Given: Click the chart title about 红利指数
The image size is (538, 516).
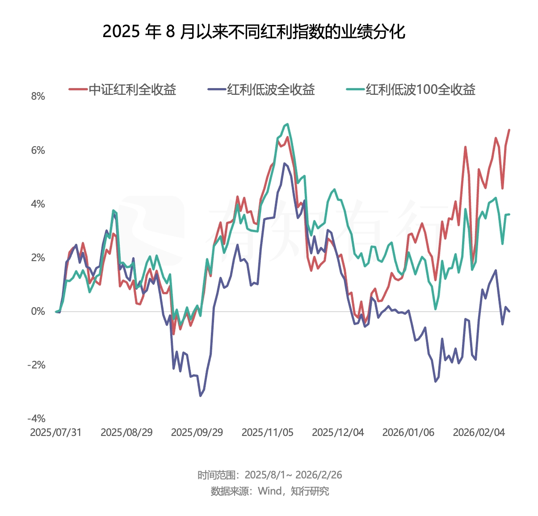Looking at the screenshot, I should click(254, 32).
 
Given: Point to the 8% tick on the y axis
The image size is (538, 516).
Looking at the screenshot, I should click(38, 97).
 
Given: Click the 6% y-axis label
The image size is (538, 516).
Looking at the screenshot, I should click(38, 150).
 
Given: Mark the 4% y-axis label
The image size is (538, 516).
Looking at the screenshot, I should click(38, 204).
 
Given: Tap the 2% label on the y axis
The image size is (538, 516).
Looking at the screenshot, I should click(38, 258).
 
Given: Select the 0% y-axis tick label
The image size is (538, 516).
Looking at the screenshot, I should click(38, 311).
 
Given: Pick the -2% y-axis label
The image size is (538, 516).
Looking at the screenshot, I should click(37, 365).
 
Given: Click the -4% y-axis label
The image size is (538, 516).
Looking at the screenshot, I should click(37, 419).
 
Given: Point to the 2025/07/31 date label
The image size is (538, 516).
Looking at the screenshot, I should click(56, 432).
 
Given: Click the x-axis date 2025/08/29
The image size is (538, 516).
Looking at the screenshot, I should click(126, 432).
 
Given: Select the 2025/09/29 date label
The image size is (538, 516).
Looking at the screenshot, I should click(197, 432).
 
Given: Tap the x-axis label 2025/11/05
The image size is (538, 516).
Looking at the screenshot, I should click(268, 432).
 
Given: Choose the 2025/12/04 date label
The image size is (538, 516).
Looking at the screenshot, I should click(338, 432).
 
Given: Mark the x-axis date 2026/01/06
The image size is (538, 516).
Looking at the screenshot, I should click(408, 432).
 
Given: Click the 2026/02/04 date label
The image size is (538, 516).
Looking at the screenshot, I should click(479, 432).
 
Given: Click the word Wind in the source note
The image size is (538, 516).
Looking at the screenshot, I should click(270, 491).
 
